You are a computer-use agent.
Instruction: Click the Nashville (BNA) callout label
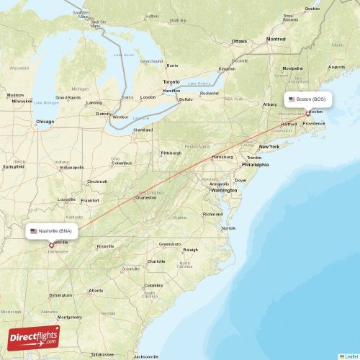coord(52,231)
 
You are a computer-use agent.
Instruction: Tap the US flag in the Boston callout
coord(292,99)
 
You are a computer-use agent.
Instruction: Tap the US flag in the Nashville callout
coord(34,231)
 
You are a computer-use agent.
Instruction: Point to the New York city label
coord(269,146)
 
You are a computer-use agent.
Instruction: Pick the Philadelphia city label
coord(254,164)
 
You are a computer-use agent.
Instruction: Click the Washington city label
coord(224,190)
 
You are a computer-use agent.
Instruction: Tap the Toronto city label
coord(171,81)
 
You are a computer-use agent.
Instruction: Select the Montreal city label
coord(276,39)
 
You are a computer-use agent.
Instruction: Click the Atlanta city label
coord(95,290)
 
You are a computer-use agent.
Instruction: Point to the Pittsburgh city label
coord(171,153)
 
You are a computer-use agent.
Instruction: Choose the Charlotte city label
coord(156,261)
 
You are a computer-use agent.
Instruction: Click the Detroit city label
coord(104,114)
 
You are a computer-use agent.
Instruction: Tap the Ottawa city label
coord(239,41)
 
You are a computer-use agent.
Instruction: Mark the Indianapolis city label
coord(72,167)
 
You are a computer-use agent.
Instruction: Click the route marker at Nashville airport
coord(50,245)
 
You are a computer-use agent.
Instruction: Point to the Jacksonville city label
coord(146,356)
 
